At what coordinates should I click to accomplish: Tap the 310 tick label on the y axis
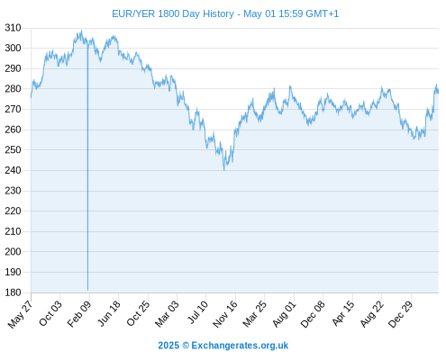click(x=13, y=28)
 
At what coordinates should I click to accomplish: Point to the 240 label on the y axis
click(x=13, y=170)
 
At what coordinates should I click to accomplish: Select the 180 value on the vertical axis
click(x=13, y=292)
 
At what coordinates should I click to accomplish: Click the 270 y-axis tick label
click(x=13, y=109)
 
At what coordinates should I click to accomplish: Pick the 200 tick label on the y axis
click(x=13, y=251)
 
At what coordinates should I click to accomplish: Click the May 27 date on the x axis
click(x=21, y=314)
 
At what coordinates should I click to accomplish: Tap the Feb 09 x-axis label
click(x=79, y=313)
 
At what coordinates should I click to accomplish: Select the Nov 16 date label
click(x=225, y=314)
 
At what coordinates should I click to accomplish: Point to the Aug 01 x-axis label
click(x=284, y=314)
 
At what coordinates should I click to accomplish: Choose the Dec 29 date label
click(x=401, y=314)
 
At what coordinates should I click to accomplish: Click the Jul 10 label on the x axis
click(x=197, y=312)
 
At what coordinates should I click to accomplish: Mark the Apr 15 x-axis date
click(x=343, y=313)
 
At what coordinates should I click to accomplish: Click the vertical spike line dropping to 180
click(x=87, y=167)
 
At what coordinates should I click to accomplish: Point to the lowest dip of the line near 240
click(x=224, y=170)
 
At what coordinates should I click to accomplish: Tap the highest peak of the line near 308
click(x=81, y=31)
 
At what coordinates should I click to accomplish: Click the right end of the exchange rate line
click(x=438, y=93)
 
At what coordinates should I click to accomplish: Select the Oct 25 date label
click(x=138, y=314)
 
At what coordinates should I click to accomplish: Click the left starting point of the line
click(x=31, y=97)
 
